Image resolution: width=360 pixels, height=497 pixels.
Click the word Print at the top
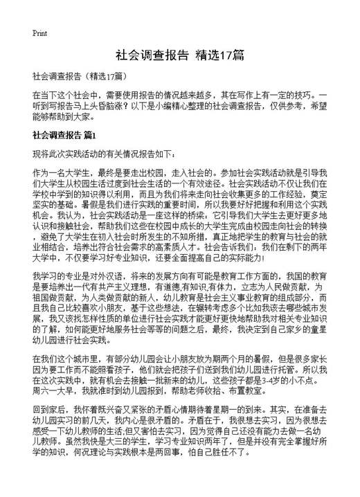(x=39, y=33)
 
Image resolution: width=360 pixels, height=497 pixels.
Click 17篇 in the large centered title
(x=228, y=55)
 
